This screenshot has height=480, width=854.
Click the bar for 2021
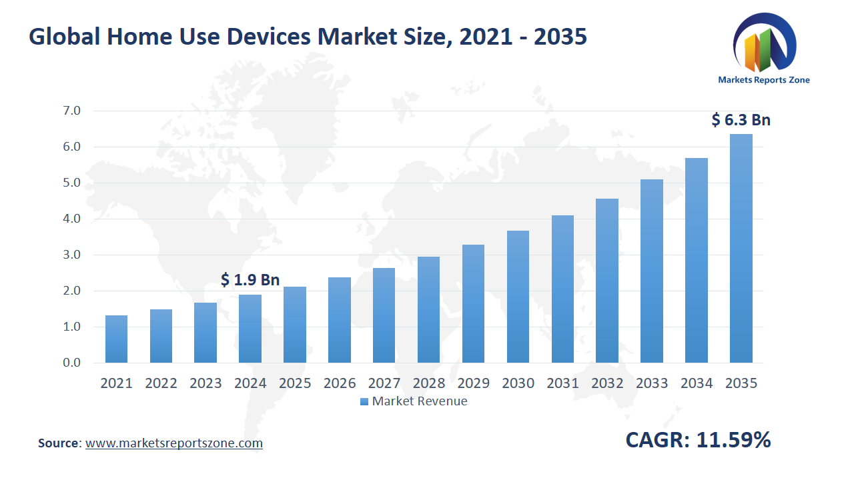[x=116, y=339]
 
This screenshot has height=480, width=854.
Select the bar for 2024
[x=250, y=329]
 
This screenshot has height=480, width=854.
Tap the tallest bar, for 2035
[x=741, y=248]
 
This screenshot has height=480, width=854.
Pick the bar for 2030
[x=518, y=297]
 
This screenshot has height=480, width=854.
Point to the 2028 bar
[x=428, y=309]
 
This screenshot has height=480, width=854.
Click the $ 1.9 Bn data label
[x=250, y=280]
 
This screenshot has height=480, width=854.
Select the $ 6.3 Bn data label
[x=741, y=120]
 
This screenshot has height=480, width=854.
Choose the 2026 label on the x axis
[x=339, y=383]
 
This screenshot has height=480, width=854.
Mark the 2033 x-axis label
[x=651, y=383]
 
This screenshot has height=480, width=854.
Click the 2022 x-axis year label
[x=161, y=383]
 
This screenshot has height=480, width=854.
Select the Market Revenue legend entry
[x=414, y=401]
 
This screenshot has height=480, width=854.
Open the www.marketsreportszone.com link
[x=174, y=443]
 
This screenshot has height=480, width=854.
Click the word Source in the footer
[x=59, y=443]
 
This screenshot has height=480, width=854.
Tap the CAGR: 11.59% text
[x=698, y=440]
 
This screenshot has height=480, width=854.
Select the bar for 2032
[x=607, y=281]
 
